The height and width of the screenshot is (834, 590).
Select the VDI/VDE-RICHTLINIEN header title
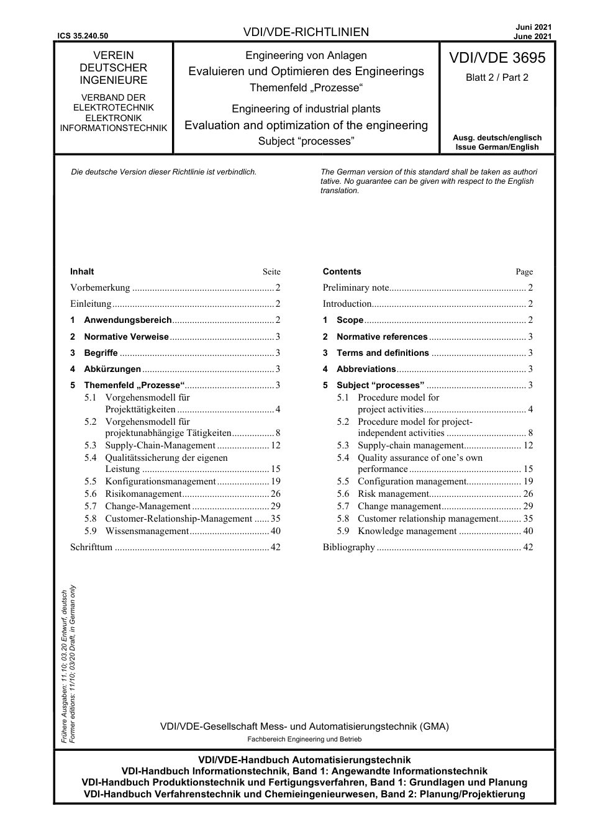[x=306, y=32]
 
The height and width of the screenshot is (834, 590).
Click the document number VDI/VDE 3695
[x=497, y=58]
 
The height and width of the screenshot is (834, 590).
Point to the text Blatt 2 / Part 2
[x=497, y=78]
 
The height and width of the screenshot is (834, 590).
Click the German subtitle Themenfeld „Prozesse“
[x=306, y=88]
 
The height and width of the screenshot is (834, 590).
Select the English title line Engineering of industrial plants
[x=306, y=109]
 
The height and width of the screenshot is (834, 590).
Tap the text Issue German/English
[x=497, y=147]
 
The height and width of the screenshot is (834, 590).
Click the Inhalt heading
[x=82, y=271]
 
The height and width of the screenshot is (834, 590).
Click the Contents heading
[x=342, y=271]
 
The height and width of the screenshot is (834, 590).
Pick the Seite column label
[x=271, y=272]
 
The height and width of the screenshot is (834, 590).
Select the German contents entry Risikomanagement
[x=143, y=494]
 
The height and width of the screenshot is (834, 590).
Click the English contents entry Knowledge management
[x=407, y=532]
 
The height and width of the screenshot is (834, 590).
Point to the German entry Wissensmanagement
[x=147, y=532]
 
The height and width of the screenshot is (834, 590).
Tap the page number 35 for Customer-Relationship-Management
[x=275, y=519]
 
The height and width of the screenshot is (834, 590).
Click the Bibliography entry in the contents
[x=348, y=548]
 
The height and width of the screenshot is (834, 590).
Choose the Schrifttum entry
[x=91, y=548]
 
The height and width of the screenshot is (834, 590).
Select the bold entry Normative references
[x=381, y=337]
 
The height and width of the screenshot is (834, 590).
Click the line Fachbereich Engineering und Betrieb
[x=304, y=739]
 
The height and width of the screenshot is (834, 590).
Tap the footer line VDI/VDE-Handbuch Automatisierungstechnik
[x=304, y=760]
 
